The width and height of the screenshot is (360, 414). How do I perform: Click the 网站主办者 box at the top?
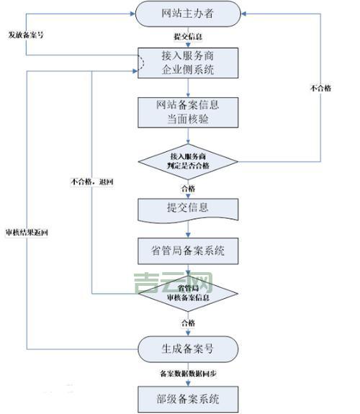(x=188, y=13)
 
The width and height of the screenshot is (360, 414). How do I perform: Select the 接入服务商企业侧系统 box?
(x=188, y=63)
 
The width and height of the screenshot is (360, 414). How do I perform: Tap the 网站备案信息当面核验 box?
(x=188, y=112)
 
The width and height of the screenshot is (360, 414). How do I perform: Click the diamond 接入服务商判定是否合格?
(x=188, y=162)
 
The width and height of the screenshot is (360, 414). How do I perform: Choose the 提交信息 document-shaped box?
(x=188, y=208)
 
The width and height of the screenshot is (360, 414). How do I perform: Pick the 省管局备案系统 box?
(x=188, y=251)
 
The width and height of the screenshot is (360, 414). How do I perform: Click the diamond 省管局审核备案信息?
(x=188, y=294)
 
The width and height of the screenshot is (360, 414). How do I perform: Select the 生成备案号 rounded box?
(x=188, y=350)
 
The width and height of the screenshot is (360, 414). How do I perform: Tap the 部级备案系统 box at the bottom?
(x=188, y=397)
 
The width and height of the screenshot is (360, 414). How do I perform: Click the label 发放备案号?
(x=26, y=35)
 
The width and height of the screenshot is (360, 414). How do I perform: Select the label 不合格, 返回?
(x=92, y=181)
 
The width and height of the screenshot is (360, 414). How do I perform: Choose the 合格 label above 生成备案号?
(x=188, y=323)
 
